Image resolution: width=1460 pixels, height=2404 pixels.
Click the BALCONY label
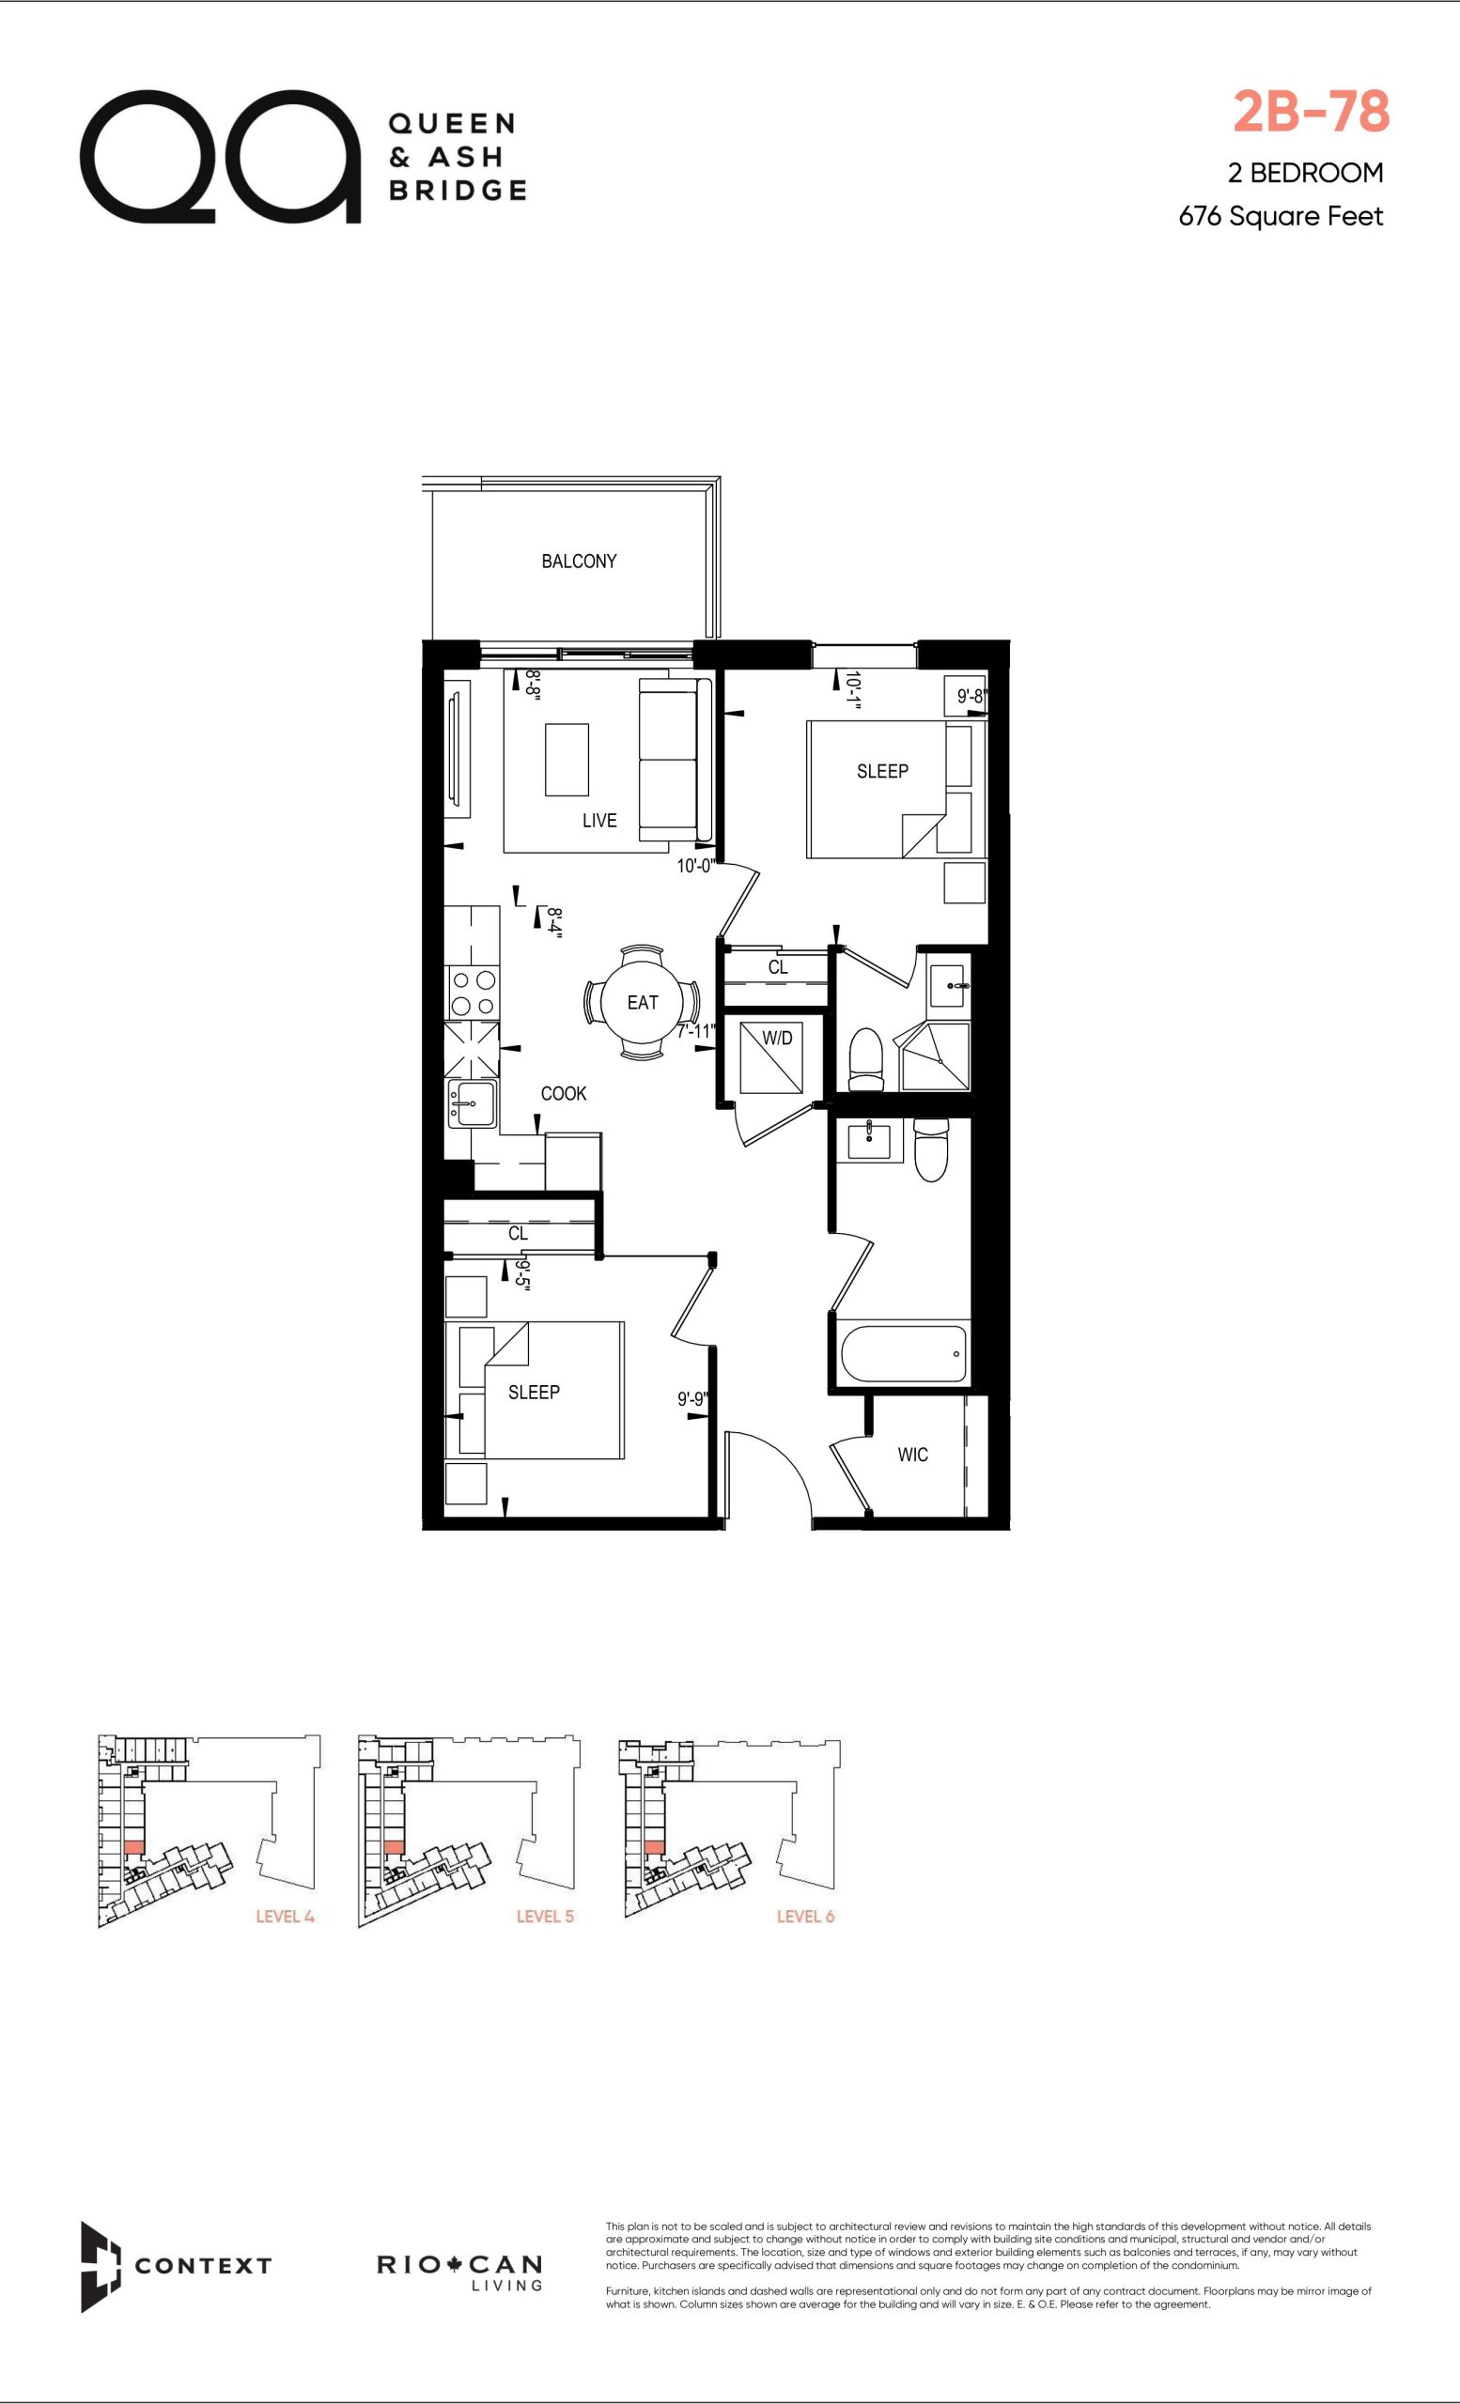[579, 561]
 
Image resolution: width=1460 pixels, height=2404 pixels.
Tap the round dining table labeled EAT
[643, 1002]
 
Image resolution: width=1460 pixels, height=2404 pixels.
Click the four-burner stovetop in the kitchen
[472, 993]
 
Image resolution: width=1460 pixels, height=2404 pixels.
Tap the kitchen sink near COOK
[472, 1102]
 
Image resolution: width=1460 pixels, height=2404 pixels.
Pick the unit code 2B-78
[1311, 111]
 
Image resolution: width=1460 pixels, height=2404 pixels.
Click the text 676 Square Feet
[1281, 216]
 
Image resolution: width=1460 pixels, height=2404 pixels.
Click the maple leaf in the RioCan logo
[453, 2264]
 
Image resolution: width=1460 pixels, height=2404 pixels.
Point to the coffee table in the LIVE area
[567, 760]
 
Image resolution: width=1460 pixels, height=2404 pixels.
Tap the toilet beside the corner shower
[866, 1059]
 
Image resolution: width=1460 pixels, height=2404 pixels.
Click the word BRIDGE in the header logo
[458, 190]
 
